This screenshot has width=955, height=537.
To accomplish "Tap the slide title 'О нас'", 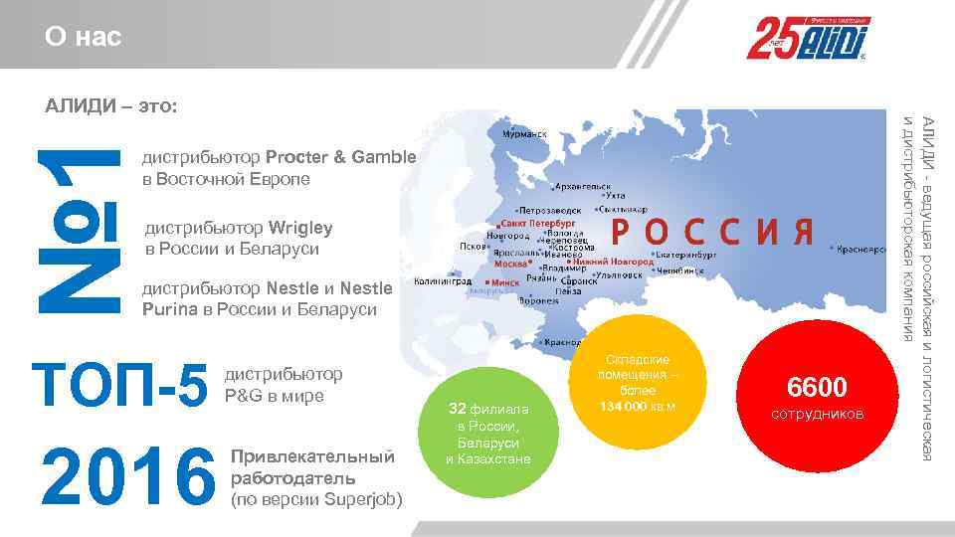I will coord(83,38).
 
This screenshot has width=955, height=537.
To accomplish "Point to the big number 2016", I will coord(122,477).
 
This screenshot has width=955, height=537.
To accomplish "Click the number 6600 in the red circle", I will coord(817,387).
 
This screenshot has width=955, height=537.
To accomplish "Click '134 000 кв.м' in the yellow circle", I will coord(637,406).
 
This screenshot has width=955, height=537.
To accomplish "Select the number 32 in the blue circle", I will coord(457,409).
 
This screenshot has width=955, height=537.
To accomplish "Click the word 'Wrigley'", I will coord(300,229).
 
